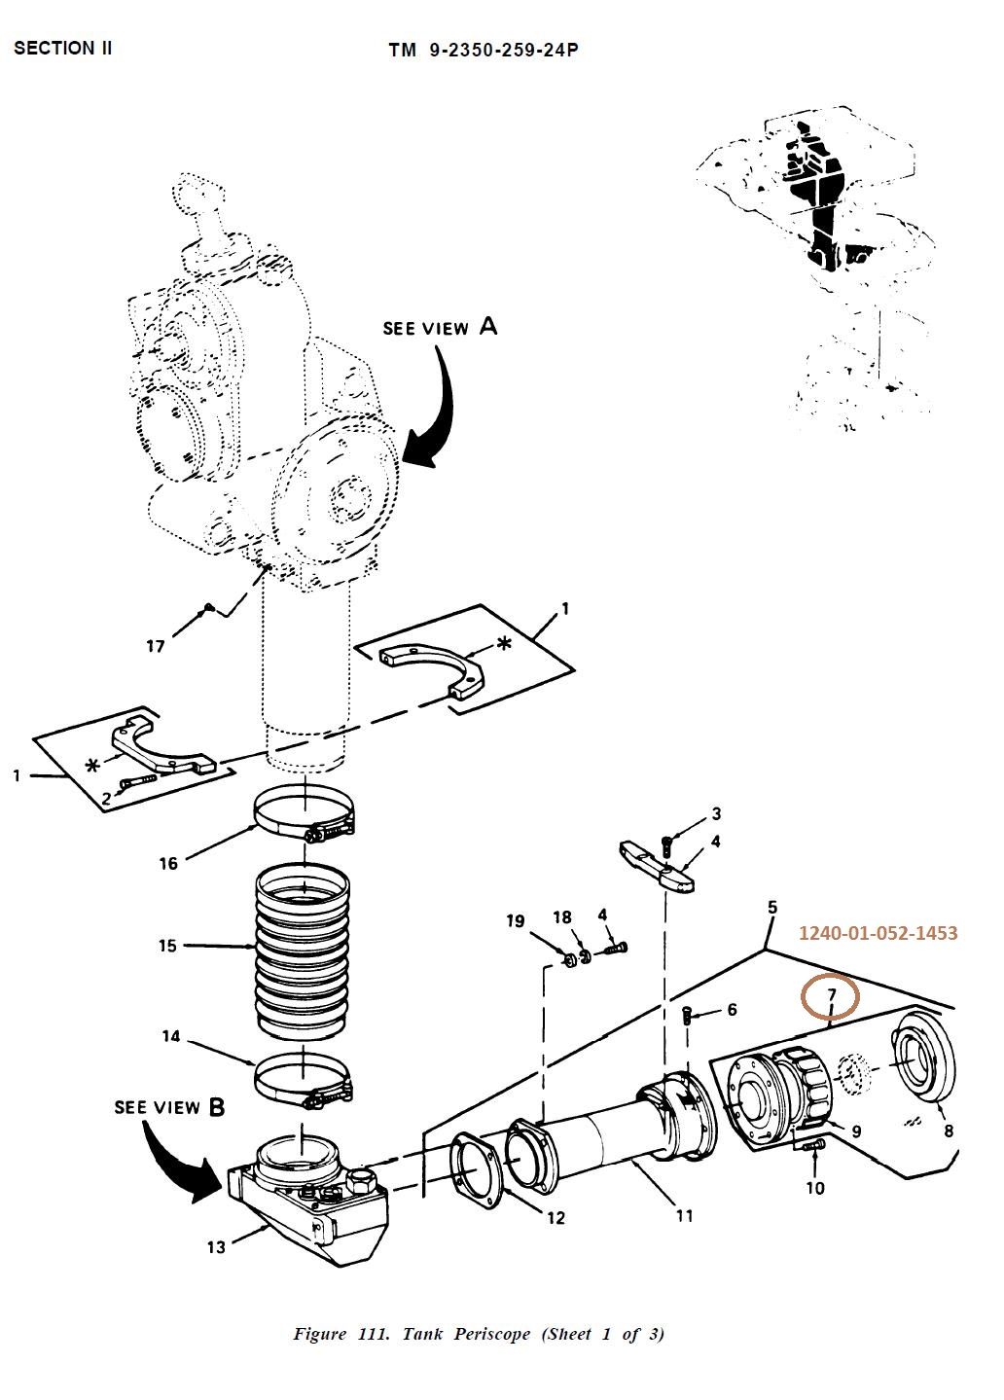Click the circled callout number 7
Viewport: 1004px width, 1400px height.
(831, 995)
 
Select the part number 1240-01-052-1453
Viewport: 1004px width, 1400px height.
(878, 933)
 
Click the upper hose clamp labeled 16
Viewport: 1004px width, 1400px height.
(302, 816)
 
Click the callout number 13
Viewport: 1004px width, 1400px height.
(215, 1247)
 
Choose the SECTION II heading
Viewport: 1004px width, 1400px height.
(63, 48)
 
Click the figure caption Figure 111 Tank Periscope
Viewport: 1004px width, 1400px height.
(479, 1334)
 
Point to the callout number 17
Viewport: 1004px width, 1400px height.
(156, 646)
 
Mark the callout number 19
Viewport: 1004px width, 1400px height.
(516, 921)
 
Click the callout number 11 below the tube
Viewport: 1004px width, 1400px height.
(684, 1215)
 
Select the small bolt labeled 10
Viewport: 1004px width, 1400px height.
(814, 1148)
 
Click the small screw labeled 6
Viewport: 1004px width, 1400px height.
(688, 1017)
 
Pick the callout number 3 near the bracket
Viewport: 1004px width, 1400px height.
(716, 813)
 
